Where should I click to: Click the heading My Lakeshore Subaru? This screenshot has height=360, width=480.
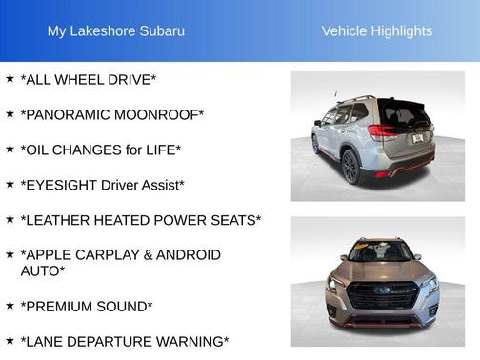pyautogui.click(x=116, y=30)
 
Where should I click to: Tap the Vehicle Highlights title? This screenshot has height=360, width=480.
pyautogui.click(x=376, y=30)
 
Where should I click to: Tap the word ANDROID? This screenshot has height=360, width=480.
pyautogui.click(x=186, y=255)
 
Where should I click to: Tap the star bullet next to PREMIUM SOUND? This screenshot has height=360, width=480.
pyautogui.click(x=10, y=306)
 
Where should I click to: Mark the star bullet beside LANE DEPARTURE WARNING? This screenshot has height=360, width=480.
pyautogui.click(x=10, y=340)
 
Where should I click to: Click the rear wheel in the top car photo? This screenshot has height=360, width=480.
pyautogui.click(x=350, y=167)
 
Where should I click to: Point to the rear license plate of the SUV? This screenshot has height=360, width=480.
pyautogui.click(x=416, y=139)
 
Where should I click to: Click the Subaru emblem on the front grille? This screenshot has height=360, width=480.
pyautogui.click(x=381, y=290)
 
